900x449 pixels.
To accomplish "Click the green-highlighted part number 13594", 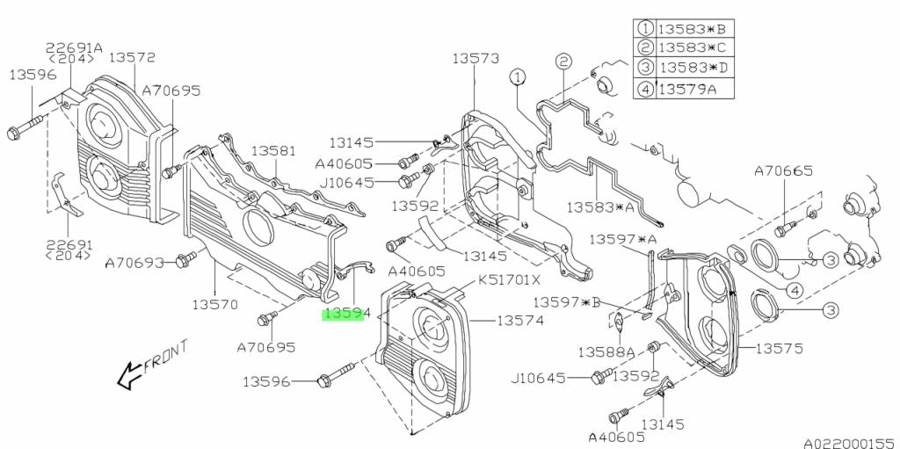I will click(x=344, y=314).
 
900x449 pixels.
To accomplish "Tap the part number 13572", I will click(x=133, y=58).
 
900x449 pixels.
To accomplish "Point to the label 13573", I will click(x=475, y=59).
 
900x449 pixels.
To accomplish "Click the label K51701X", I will click(x=510, y=283).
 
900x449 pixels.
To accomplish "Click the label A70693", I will click(x=134, y=262).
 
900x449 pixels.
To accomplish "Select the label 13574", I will click(x=520, y=322).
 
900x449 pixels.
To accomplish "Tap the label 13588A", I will click(x=606, y=351).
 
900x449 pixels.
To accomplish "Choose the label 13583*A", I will click(x=600, y=207).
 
